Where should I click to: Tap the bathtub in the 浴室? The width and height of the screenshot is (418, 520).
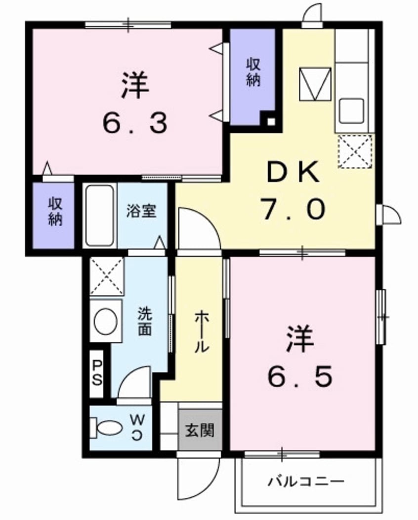pos(100,215)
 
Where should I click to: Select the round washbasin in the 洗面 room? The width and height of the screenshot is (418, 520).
pos(106,321)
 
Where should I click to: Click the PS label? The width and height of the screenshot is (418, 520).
pos(97,373)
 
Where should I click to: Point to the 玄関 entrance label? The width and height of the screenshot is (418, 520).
pos(200,431)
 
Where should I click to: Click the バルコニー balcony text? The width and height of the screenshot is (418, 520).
pos(306,481)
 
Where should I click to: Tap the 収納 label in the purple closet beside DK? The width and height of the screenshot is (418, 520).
pos(253,73)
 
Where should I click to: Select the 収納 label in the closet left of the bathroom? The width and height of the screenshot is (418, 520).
pos(55,212)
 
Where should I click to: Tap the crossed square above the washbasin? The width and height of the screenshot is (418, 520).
pos(106,277)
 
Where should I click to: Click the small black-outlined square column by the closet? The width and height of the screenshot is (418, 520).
pos(270,120)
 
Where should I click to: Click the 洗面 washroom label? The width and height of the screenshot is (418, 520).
pos(144,321)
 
